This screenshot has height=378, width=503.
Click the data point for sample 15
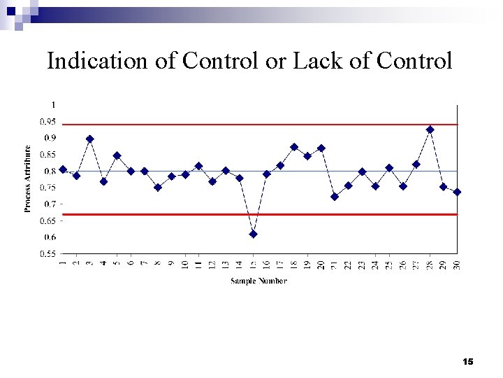click(253, 234)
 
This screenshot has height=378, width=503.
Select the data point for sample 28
click(430, 129)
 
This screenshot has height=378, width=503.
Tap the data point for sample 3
click(90, 139)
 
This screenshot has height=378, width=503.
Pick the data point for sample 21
click(335, 197)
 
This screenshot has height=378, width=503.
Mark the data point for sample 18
click(294, 147)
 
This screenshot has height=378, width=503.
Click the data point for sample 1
click(63, 169)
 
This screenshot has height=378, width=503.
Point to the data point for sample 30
click(457, 192)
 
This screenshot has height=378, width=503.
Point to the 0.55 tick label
click(48, 254)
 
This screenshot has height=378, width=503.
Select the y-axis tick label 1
click(54, 104)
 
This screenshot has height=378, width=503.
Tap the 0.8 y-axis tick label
click(50, 171)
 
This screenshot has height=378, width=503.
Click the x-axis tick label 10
click(185, 265)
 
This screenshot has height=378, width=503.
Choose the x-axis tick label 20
click(321, 265)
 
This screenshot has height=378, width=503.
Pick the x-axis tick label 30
click(458, 265)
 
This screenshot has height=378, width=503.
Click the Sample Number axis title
click(258, 281)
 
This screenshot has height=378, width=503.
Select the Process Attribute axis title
click(28, 178)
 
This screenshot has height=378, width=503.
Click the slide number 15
click(468, 361)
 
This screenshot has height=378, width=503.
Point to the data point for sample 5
click(117, 155)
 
